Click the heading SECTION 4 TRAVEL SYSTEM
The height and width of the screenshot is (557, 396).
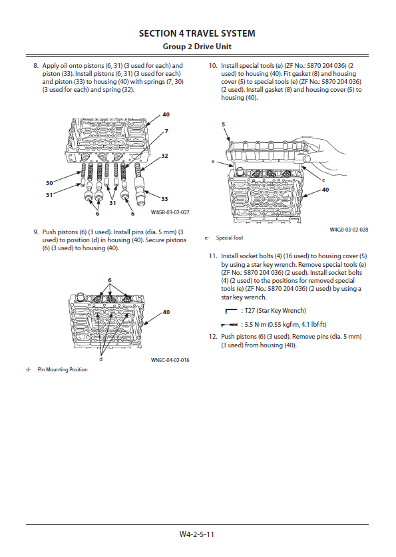[197, 33]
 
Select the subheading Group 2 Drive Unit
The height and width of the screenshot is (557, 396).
[197, 47]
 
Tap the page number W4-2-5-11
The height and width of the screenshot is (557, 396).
[197, 534]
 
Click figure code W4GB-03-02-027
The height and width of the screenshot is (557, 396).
[170, 212]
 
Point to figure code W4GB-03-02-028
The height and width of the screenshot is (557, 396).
[349, 230]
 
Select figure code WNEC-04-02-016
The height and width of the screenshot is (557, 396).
[170, 360]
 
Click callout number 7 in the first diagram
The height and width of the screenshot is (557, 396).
[166, 132]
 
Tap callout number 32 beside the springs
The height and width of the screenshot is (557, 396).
[164, 156]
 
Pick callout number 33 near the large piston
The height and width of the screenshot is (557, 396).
[164, 199]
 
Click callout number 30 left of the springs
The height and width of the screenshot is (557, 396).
[49, 183]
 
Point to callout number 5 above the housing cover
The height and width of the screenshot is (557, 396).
[224, 124]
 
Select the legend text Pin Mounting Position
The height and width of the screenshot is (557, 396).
[63, 369]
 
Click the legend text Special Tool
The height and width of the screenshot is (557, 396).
[230, 238]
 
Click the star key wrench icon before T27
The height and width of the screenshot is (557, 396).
[231, 311]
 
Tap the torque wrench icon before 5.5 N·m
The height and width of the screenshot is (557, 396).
[230, 325]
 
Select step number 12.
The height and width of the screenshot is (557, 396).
[213, 337]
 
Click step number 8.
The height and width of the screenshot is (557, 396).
[35, 66]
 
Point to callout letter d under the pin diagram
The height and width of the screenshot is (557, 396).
[101, 359]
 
